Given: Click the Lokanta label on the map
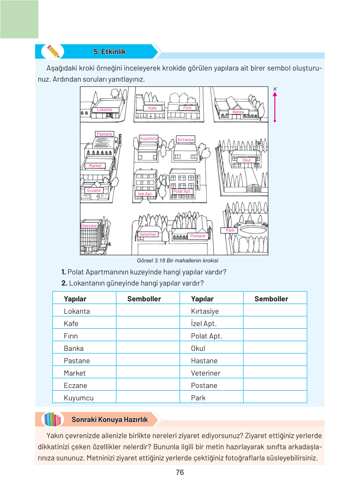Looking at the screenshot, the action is coord(105,110).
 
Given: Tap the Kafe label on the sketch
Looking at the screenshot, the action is coord(153,108).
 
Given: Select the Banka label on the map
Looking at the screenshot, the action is coord(238,112).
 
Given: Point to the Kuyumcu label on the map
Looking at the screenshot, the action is coord(149,138).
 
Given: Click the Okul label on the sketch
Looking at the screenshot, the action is coord(246,160).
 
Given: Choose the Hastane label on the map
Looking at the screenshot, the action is coord(89,226).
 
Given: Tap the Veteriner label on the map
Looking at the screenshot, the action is coord(148,235).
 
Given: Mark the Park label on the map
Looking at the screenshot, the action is coord(230,231).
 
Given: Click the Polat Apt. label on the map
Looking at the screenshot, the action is coord(182,192).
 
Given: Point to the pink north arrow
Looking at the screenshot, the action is coord(275,107).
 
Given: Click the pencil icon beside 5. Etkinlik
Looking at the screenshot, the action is coord(53,51).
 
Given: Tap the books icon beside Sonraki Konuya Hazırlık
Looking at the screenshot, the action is coord(53,419).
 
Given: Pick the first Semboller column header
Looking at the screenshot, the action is coord(144,299).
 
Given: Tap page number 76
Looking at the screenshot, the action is coord(180,472).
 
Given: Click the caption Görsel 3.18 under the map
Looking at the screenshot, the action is coord(151,261).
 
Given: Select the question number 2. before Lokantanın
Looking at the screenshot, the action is coord(64,283).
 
